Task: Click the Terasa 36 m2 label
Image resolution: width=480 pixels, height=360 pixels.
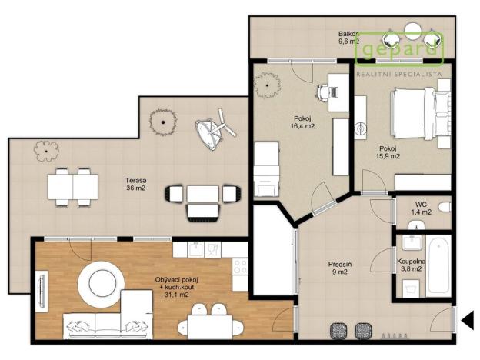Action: click(136, 186)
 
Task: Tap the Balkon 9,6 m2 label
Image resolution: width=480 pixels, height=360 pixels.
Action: click(351, 38)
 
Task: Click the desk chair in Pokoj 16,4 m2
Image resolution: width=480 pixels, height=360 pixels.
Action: click(322, 92)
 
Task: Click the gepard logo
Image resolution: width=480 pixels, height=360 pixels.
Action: click(400, 48)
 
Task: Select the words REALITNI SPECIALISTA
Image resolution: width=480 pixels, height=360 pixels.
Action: click(398, 75)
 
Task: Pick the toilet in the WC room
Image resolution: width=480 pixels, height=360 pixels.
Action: click(416, 225)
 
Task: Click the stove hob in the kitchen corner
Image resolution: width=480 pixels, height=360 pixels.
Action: click(240, 266)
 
